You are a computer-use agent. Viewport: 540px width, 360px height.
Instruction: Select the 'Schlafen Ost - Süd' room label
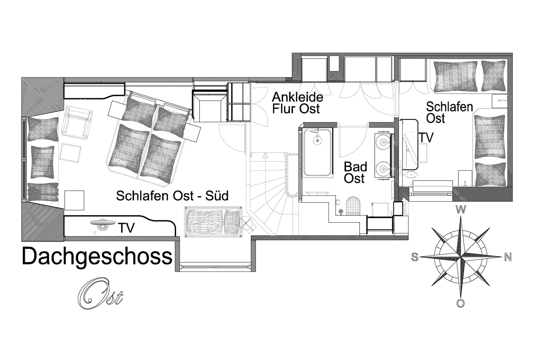point(172,196)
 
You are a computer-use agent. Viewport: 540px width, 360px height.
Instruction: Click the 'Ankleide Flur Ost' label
point(298,103)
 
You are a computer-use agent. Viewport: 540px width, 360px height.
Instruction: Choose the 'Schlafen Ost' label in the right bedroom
point(449,113)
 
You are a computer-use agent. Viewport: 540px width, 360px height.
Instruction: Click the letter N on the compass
point(508,257)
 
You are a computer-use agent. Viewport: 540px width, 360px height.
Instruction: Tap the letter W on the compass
point(461,209)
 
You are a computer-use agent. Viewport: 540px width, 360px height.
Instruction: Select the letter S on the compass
point(415,257)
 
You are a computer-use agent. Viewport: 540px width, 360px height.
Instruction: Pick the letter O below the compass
point(461,303)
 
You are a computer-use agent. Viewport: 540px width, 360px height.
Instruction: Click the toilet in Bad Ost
point(353,206)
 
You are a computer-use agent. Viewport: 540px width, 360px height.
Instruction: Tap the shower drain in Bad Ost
point(317,140)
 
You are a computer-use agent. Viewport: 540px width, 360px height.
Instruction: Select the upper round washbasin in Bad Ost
point(383,142)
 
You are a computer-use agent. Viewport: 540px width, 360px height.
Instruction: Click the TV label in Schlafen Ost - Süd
point(126,228)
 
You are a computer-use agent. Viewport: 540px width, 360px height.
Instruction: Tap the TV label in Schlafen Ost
point(426,137)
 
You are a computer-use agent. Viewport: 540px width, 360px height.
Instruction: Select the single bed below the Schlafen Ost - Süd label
point(213,222)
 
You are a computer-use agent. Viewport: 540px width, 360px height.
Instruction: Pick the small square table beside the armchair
point(70,153)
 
